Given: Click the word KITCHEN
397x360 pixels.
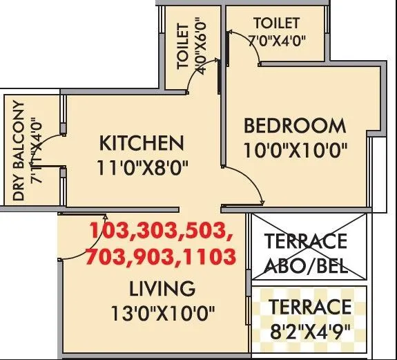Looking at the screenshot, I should (142, 144).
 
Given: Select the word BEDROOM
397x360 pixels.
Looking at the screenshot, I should (295, 126).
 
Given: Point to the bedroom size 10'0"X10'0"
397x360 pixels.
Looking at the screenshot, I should (295, 149).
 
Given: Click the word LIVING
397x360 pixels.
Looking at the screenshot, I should (162, 287).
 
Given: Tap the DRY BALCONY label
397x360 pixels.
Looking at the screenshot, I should (18, 152).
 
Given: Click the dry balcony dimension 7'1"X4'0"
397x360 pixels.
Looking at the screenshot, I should (36, 152).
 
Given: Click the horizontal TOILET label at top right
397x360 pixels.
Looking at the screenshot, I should (276, 23).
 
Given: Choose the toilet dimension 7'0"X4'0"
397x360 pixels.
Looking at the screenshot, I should (275, 39).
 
